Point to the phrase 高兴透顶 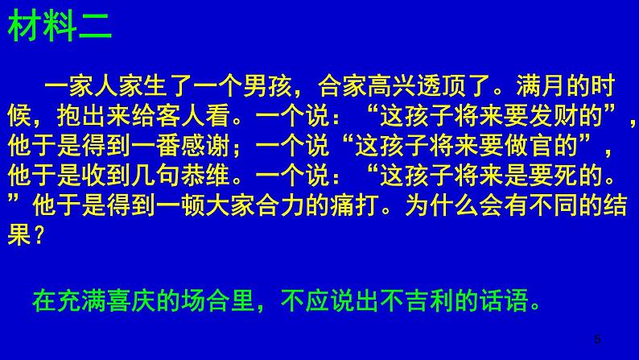pos(424,84)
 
